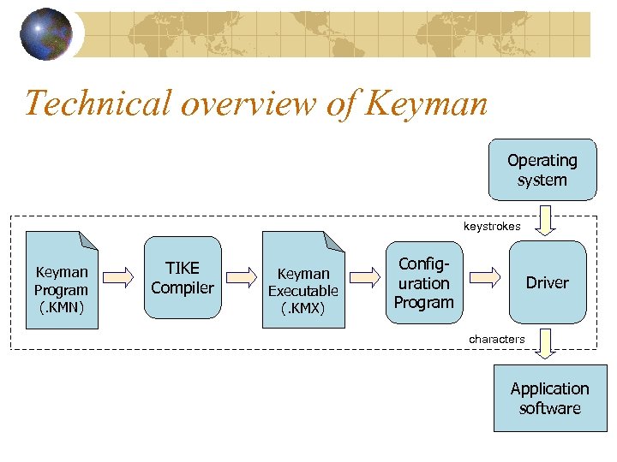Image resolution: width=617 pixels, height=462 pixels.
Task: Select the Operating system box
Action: (x=542, y=169)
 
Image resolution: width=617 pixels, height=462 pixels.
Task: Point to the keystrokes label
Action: (x=492, y=227)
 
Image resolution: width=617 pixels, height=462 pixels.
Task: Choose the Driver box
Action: (x=548, y=281)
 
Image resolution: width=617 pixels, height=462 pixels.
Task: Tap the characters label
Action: (x=496, y=339)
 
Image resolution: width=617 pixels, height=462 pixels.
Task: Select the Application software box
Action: (x=549, y=398)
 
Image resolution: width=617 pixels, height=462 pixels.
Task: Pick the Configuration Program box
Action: (x=423, y=281)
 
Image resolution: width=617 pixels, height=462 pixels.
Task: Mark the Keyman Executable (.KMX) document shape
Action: (x=303, y=280)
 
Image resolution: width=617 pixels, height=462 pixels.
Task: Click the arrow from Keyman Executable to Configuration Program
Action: (x=366, y=276)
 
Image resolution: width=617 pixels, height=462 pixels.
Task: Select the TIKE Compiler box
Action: (x=182, y=278)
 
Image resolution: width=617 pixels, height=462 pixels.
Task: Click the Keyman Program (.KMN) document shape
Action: (x=62, y=280)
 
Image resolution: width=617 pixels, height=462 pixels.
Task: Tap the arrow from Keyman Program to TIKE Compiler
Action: (x=122, y=276)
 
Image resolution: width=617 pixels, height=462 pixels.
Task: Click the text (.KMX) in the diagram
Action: (x=303, y=308)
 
